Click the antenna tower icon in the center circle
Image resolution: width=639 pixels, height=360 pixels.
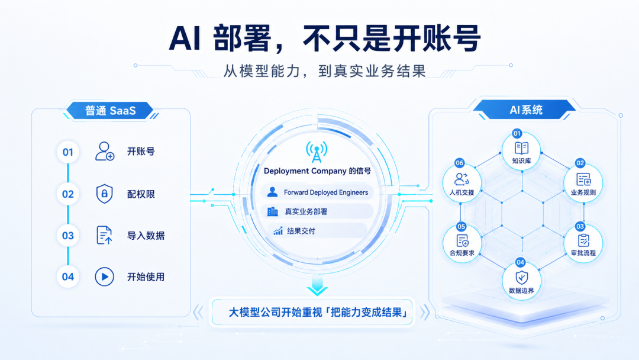pyautogui.click(x=317, y=152)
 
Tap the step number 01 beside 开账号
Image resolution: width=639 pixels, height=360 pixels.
pyautogui.click(x=68, y=152)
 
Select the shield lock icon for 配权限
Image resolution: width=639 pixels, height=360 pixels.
pyautogui.click(x=104, y=194)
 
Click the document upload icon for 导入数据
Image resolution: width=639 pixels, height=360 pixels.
pyautogui.click(x=104, y=235)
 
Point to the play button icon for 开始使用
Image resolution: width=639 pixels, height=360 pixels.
pyautogui.click(x=104, y=277)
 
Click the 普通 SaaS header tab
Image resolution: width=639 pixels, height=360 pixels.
pyautogui.click(x=110, y=111)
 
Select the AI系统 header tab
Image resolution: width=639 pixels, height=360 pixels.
pyautogui.click(x=525, y=110)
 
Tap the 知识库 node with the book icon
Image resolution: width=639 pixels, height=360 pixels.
pyautogui.click(x=521, y=151)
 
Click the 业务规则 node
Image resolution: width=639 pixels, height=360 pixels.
pyautogui.click(x=583, y=183)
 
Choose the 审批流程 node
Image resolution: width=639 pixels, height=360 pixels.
pyautogui.click(x=583, y=243)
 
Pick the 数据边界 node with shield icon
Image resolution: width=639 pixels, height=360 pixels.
pyautogui.click(x=521, y=281)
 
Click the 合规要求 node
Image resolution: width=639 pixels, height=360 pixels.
pyautogui.click(x=461, y=243)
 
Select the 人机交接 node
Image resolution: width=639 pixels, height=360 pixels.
pyautogui.click(x=461, y=183)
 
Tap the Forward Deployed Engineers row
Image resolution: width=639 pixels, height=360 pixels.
pyautogui.click(x=317, y=192)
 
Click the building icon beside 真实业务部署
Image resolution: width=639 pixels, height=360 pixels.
pyautogui.click(x=272, y=211)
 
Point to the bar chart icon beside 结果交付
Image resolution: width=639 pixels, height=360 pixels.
pyautogui.click(x=278, y=231)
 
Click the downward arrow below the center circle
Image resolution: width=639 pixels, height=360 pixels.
pyautogui.click(x=317, y=285)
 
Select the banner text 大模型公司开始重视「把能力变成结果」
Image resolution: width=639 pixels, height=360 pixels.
pyautogui.click(x=318, y=312)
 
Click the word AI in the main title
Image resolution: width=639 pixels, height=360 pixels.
pyautogui.click(x=185, y=38)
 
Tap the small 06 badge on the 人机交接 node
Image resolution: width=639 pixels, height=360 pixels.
pyautogui.click(x=459, y=163)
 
